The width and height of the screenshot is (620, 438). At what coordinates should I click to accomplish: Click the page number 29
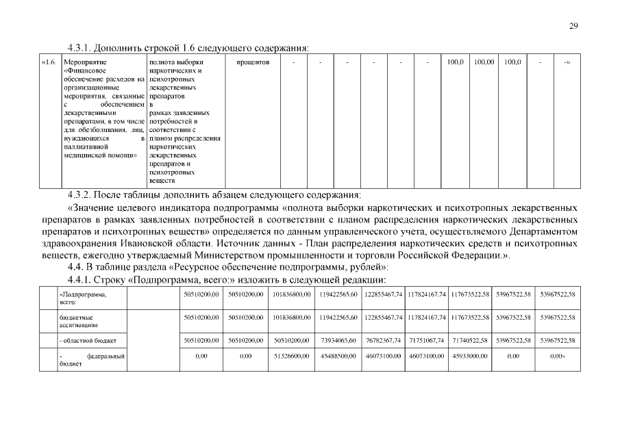pyautogui.click(x=574, y=26)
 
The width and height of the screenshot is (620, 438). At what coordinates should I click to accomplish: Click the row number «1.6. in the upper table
pyautogui.click(x=49, y=62)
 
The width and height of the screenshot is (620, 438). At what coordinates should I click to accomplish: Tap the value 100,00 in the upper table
pyautogui.click(x=484, y=62)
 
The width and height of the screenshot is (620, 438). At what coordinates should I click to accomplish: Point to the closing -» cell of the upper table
pyautogui.click(x=567, y=62)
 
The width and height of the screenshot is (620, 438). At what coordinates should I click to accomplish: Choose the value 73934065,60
pyautogui.click(x=338, y=339)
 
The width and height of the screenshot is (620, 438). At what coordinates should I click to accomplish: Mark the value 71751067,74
pyautogui.click(x=427, y=339)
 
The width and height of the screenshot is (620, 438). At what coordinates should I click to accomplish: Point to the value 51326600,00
pyautogui.click(x=293, y=357)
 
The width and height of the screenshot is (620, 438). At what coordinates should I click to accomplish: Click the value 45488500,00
pyautogui.click(x=338, y=357)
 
